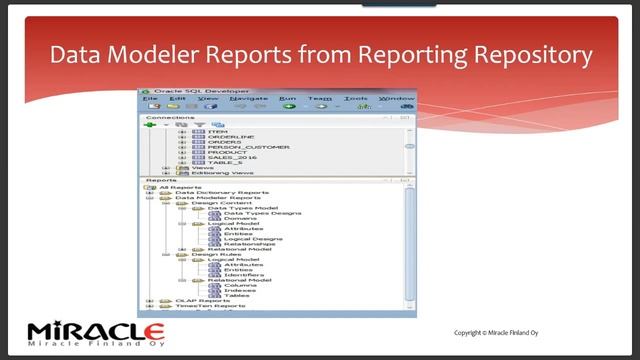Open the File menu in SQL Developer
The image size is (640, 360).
(x=150, y=99)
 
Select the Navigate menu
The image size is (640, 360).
(x=247, y=99)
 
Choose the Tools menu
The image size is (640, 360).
(x=355, y=99)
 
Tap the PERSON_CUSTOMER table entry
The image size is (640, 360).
(x=229, y=147)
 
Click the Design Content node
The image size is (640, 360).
(x=216, y=204)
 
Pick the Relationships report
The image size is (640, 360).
(x=244, y=246)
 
